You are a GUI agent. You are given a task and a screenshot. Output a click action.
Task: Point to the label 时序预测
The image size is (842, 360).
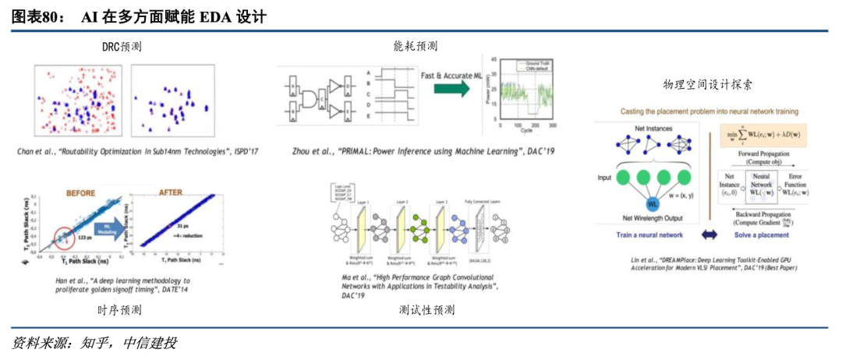(120, 310)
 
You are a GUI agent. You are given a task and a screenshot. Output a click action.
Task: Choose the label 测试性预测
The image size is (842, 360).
(426, 310)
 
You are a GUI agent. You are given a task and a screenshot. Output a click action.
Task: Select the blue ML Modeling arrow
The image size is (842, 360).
(107, 229)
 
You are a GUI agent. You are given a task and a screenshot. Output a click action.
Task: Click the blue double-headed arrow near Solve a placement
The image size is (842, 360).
(710, 235)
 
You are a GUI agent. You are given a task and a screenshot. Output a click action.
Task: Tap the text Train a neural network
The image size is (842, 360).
(649, 235)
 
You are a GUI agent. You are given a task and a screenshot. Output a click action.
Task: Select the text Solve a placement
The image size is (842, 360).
(762, 235)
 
